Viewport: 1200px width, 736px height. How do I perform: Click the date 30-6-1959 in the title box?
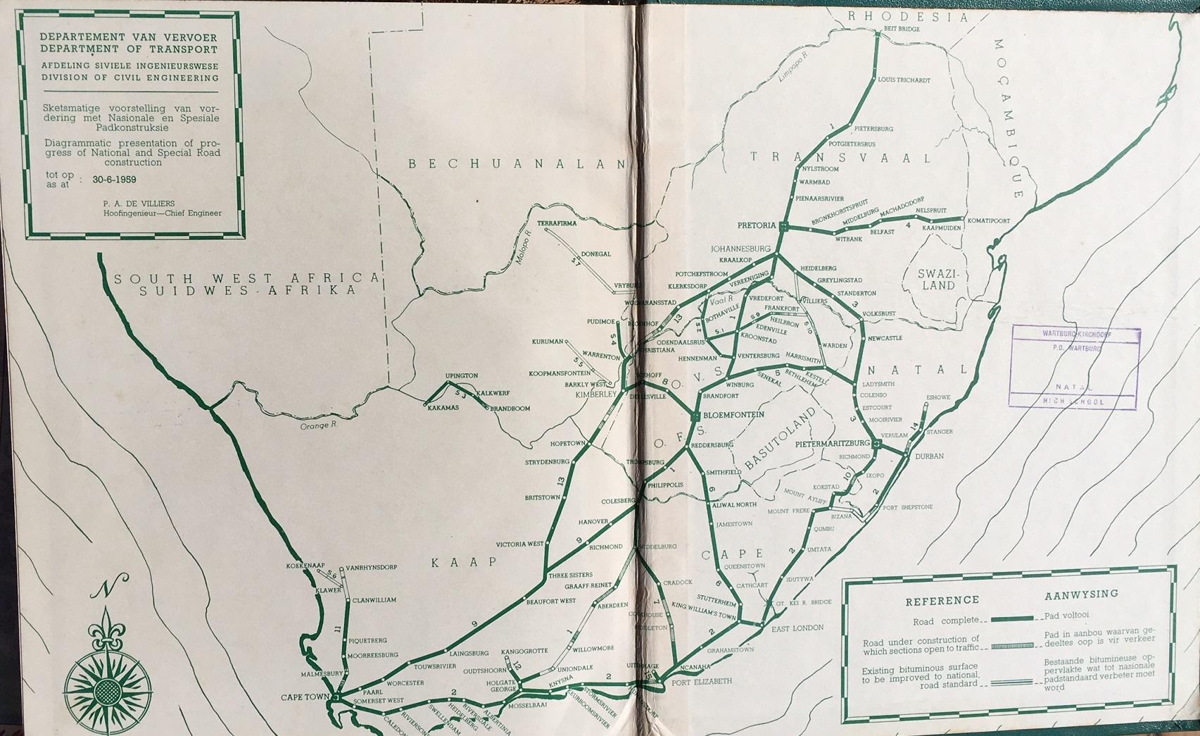(x=114, y=180)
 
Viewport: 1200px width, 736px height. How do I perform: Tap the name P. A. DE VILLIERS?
(x=139, y=204)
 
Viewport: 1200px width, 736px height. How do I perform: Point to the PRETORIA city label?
(x=755, y=226)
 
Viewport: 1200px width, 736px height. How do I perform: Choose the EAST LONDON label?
(x=797, y=628)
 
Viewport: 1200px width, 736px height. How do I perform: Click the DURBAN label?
(x=929, y=456)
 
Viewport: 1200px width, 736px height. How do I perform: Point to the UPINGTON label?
(x=461, y=376)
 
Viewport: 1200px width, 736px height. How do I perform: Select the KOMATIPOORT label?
(x=989, y=220)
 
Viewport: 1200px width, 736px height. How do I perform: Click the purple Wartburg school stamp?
(x=1074, y=368)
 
